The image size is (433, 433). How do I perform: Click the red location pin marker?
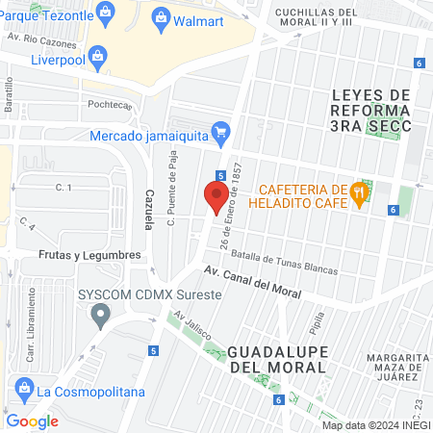pyautogui.click(x=216, y=196)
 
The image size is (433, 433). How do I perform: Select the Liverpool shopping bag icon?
pyautogui.click(x=100, y=57)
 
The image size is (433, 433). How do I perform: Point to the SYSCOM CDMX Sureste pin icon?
pyautogui.click(x=99, y=314)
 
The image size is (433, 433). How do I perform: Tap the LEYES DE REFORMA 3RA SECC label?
pyautogui.click(x=370, y=110)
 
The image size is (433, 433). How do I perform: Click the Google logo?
pyautogui.click(x=32, y=420)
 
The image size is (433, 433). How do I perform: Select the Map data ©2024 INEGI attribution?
pyautogui.click(x=374, y=425)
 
